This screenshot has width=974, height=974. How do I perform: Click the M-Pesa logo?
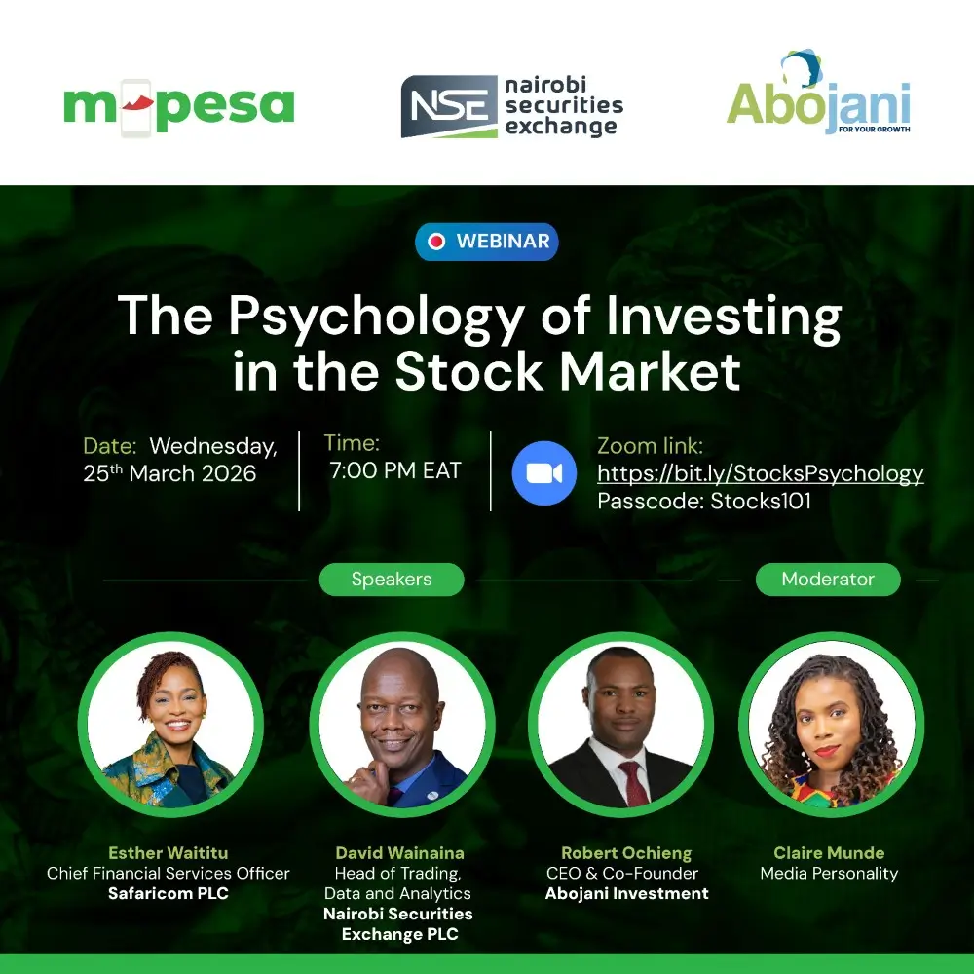point(178,106)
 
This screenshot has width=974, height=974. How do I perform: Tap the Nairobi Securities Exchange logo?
point(511,106)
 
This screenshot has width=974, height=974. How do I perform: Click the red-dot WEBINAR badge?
point(487,242)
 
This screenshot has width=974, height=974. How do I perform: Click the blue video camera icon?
point(544,472)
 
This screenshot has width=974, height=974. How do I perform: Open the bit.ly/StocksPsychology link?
point(760,474)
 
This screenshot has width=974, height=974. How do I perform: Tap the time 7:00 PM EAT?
point(394,471)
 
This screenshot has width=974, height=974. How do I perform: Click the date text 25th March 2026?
point(170,474)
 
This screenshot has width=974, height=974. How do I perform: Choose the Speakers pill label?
point(392,580)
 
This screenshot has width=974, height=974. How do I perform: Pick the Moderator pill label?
point(828,580)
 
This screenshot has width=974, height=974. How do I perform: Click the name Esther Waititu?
point(169,853)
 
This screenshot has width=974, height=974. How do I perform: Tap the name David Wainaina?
point(399,853)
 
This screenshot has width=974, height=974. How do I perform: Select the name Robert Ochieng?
point(626,853)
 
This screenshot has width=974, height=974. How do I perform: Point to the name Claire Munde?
point(829,853)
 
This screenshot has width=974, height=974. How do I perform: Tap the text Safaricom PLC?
point(169,893)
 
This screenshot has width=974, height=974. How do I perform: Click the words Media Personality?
point(829,874)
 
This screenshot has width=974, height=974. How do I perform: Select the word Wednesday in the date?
point(212,447)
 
